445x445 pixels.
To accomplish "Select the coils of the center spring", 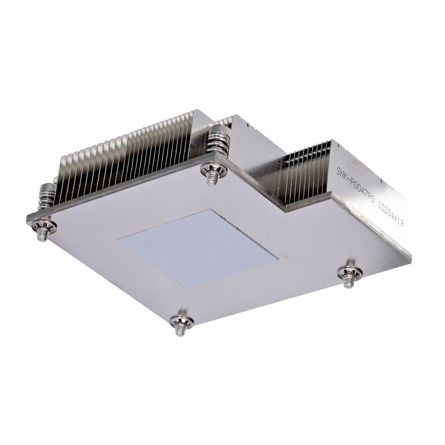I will pyautogui.click(x=218, y=142).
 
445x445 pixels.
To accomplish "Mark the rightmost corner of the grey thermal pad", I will pyautogui.click(x=278, y=260).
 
